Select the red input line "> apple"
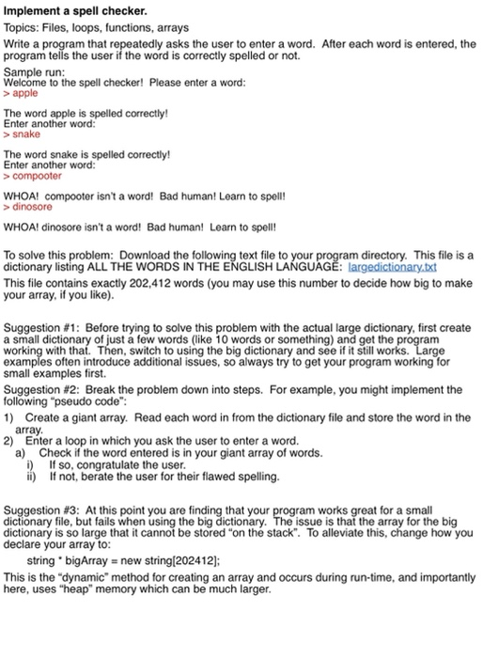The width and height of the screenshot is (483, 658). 21,94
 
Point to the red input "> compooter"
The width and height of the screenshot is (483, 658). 33,176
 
